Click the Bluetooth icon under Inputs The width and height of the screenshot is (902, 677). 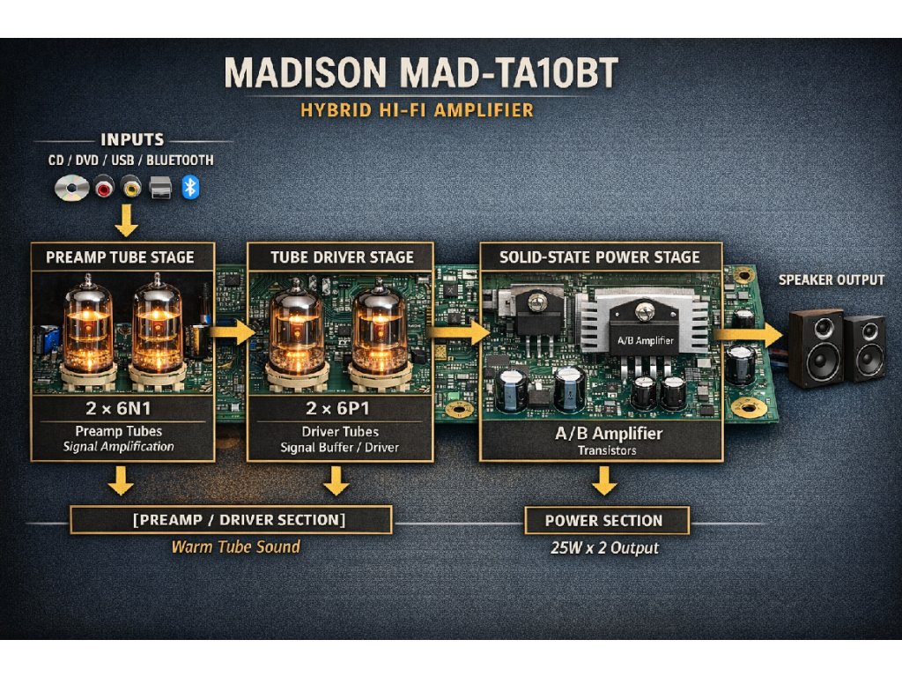[x=189, y=186]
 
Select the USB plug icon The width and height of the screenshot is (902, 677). [x=160, y=187]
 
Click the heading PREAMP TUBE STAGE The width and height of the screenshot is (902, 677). [x=120, y=257]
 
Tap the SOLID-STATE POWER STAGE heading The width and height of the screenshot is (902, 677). [x=600, y=257]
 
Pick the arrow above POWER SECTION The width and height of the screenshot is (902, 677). [x=603, y=481]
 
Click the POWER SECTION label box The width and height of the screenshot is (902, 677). [x=603, y=520]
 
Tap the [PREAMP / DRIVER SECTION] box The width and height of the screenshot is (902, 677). [x=231, y=519]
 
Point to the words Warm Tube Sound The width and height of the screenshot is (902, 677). [x=235, y=547]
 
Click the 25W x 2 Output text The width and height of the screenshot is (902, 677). [x=603, y=548]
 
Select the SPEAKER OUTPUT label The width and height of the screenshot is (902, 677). [x=832, y=280]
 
